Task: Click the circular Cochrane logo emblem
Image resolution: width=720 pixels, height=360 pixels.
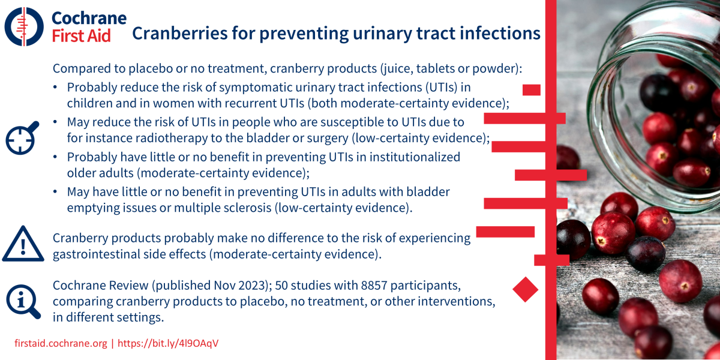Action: [x=24, y=26]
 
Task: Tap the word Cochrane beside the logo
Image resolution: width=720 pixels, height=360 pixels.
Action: [x=89, y=18]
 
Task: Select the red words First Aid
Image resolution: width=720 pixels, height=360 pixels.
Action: [x=82, y=35]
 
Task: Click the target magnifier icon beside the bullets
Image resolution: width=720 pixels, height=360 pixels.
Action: [x=22, y=138]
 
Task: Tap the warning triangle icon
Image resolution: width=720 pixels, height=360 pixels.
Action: [x=23, y=244]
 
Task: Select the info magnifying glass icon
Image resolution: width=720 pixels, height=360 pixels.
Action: [x=23, y=301]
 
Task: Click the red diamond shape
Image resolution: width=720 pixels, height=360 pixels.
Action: [x=525, y=289]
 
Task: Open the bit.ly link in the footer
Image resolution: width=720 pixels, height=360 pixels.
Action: [x=168, y=343]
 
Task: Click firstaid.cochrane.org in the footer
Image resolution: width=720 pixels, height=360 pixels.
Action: [x=61, y=343]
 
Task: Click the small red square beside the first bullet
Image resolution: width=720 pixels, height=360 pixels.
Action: [x=532, y=90]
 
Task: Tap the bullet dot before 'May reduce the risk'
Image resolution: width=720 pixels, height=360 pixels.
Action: [x=55, y=122]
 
